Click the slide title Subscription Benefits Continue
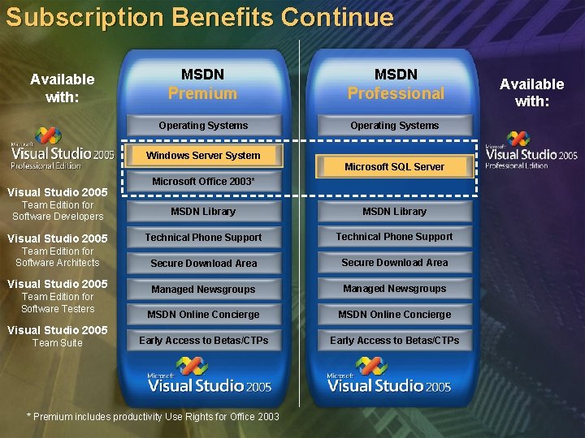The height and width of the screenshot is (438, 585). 200,18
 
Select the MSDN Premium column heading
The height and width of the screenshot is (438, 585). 203,84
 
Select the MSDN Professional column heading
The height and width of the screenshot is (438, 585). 396,84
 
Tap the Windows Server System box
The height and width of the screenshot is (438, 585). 203,155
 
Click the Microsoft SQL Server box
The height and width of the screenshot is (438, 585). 394,166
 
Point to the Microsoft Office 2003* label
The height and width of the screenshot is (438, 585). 203,182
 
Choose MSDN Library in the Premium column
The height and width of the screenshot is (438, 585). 203,212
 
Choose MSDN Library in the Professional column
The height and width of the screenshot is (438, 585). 394,212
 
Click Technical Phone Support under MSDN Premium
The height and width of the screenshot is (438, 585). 203,238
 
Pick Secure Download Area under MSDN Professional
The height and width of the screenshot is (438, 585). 394,263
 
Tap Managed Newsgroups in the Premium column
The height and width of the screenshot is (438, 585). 203,290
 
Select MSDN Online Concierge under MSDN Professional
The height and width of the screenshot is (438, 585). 394,315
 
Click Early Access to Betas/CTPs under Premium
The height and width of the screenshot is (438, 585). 203,341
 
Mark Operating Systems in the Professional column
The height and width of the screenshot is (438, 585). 394,126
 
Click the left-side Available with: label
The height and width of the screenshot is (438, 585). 62,88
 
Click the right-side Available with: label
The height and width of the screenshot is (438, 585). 531,92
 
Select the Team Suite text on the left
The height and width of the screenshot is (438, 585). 57,343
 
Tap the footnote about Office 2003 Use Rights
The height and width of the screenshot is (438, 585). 153,417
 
